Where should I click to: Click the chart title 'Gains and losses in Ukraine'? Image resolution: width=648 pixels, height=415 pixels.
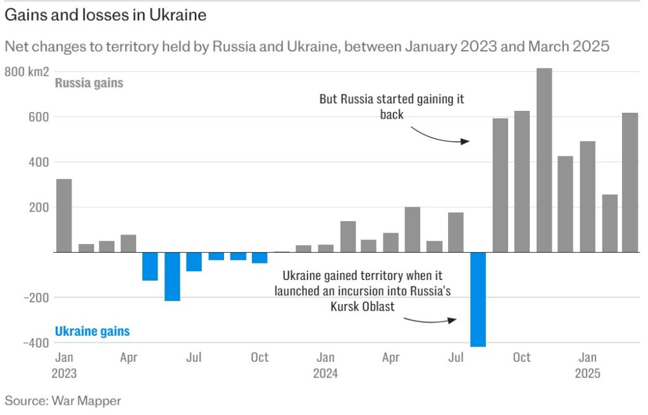click(106, 15)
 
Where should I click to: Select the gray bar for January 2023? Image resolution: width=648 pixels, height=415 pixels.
click(64, 215)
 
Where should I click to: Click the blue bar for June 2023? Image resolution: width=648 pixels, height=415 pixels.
click(173, 276)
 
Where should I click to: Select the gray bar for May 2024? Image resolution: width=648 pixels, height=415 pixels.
click(413, 229)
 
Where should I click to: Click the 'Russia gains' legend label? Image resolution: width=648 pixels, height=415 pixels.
click(89, 83)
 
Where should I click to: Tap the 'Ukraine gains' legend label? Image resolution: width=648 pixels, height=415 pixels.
click(92, 331)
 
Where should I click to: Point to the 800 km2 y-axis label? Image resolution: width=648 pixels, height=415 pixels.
click(27, 72)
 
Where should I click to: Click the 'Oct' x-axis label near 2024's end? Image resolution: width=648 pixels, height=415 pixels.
click(522, 357)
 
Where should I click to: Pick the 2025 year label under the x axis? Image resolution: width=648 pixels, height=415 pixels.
click(587, 373)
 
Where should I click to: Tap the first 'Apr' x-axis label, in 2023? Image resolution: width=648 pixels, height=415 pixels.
click(128, 357)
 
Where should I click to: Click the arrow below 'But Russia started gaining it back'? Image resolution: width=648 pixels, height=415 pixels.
click(439, 136)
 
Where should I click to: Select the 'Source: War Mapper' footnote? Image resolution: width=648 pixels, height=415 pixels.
click(63, 400)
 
